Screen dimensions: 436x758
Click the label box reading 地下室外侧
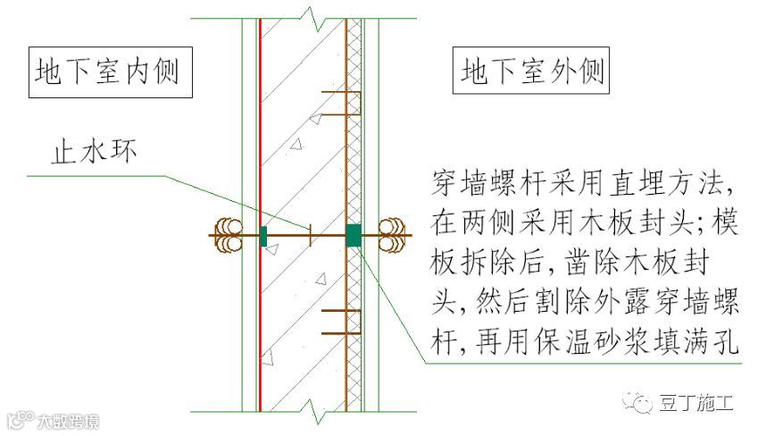(532, 71)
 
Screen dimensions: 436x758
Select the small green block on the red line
(263, 236)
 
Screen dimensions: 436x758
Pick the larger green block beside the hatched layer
(354, 235)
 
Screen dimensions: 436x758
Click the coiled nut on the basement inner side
(229, 236)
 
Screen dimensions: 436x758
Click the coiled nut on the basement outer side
(393, 236)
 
